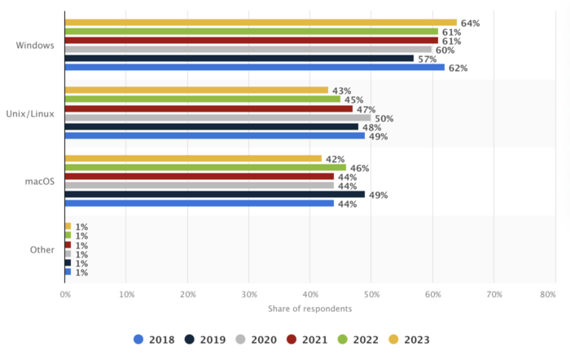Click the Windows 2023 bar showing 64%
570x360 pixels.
point(261,23)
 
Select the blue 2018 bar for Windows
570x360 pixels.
point(254,68)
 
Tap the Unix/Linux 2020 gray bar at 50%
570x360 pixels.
point(217,118)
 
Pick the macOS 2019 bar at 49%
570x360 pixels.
point(214,195)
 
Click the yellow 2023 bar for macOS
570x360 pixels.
point(193,159)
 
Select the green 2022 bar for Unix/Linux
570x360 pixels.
point(202,99)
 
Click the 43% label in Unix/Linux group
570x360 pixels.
point(340,90)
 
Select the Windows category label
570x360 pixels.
point(35,46)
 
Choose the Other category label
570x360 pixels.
point(42,250)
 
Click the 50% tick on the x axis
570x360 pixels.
point(370,294)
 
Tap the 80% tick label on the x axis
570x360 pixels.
point(548,294)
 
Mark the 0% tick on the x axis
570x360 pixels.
point(65,294)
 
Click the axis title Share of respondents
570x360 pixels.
point(309,309)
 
